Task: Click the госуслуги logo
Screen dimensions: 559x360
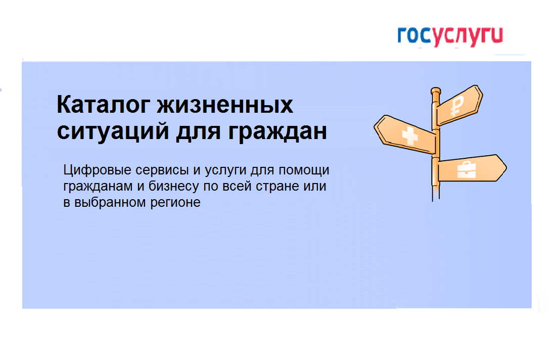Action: coord(450,36)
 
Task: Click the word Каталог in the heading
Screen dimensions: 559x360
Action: coord(102,105)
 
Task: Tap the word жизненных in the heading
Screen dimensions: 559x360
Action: coord(225,105)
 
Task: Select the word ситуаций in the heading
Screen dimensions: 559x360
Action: coord(113,131)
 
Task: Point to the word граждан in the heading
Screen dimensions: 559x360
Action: coord(277,132)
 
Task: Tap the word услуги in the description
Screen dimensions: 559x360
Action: coord(225,171)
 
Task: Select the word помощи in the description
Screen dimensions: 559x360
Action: coord(304,171)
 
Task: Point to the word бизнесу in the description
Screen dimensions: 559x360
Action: coord(174,186)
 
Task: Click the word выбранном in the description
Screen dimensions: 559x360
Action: coord(110,202)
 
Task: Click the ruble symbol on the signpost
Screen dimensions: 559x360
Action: coord(457,106)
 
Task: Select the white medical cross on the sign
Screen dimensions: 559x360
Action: coord(409,136)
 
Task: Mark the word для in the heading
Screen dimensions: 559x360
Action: coord(198,132)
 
